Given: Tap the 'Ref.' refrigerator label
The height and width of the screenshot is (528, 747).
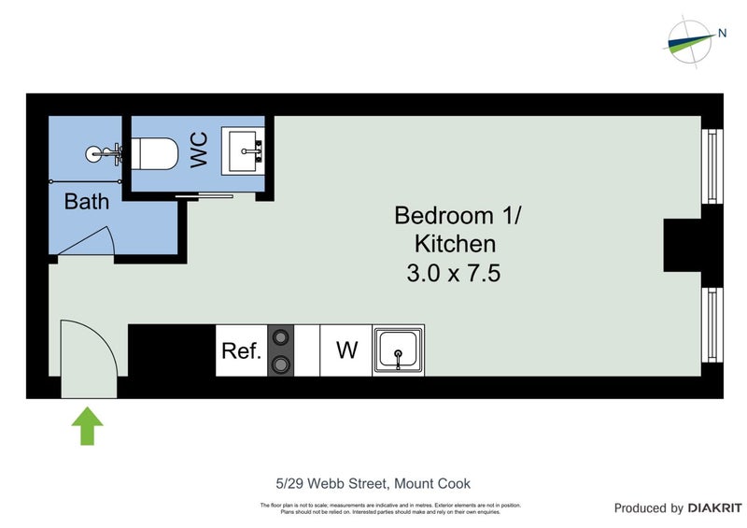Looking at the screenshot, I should (x=240, y=351).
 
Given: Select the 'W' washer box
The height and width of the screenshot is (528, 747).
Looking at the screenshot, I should (x=346, y=350).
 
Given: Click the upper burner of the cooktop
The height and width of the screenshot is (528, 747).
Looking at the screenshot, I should (x=280, y=338).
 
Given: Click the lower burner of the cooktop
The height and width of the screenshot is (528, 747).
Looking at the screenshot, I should (x=280, y=364).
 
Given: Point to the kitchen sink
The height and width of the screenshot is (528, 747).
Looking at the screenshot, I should (x=399, y=350).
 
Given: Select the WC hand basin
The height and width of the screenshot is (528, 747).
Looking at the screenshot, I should (x=244, y=150).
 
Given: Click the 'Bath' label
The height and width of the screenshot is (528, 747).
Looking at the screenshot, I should (x=86, y=201).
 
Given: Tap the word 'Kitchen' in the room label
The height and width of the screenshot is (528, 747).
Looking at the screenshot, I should (x=454, y=244).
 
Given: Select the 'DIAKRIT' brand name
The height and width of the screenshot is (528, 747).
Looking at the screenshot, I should (x=716, y=508).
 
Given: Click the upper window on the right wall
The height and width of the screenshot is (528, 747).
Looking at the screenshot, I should (x=713, y=166).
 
